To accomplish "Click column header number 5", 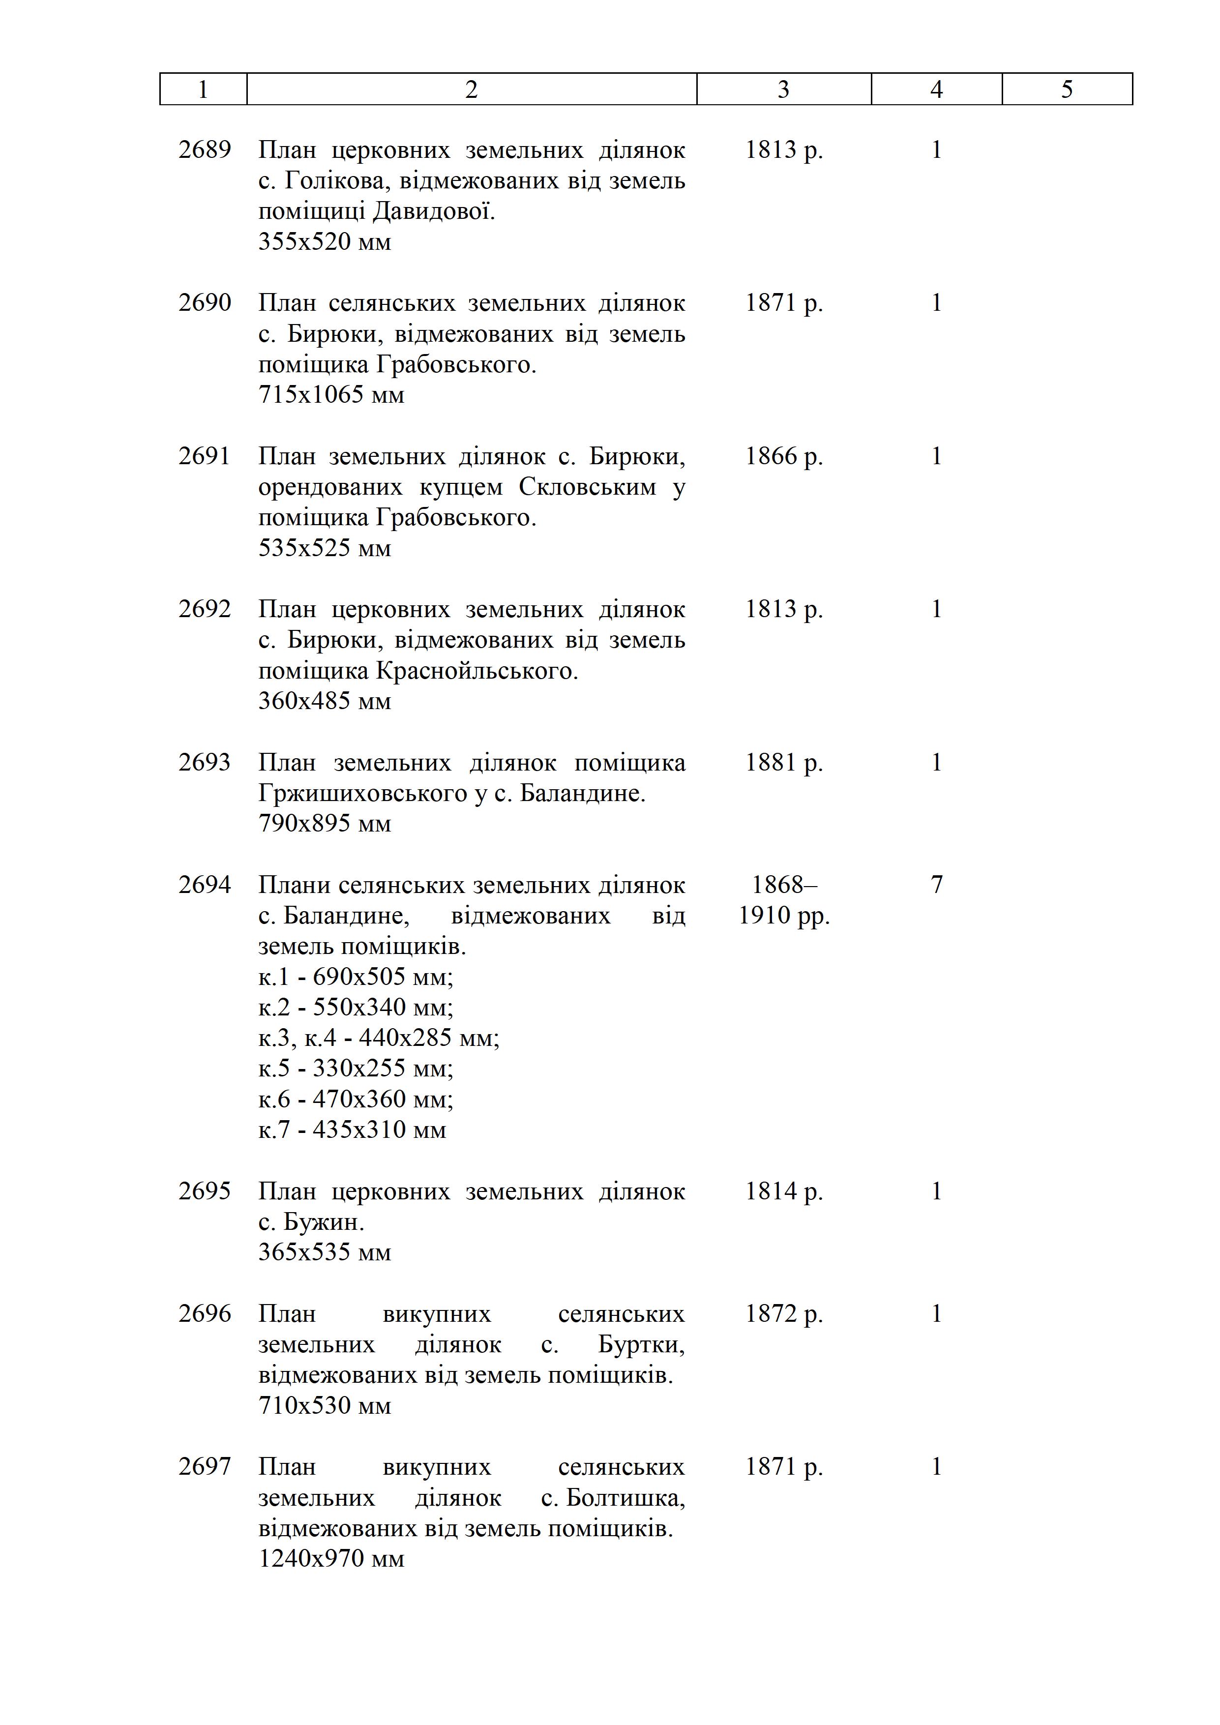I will tap(1067, 89).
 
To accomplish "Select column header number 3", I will tap(783, 89).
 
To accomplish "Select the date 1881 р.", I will tap(783, 763).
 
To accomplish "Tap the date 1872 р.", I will tap(783, 1313).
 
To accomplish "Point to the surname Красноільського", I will tap(476, 670).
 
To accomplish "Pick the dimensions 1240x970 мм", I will tap(331, 1558).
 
